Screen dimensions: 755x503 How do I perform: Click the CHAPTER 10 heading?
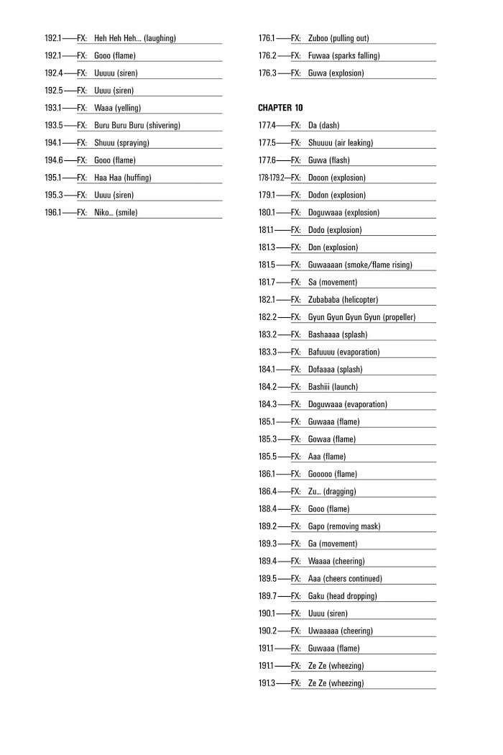click(x=280, y=108)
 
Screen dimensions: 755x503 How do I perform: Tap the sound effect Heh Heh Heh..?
click(x=117, y=38)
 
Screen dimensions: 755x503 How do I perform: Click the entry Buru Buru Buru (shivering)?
click(x=137, y=125)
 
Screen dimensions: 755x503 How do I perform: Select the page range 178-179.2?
click(x=271, y=178)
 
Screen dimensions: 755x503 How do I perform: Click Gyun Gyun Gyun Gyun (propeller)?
click(x=361, y=317)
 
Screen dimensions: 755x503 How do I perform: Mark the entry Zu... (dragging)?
click(x=331, y=491)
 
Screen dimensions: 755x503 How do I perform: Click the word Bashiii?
click(x=322, y=387)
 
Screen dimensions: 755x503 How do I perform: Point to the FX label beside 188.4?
click(x=295, y=509)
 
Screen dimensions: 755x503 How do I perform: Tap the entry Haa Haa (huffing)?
click(x=122, y=178)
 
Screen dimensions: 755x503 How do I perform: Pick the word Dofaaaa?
click(x=323, y=369)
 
